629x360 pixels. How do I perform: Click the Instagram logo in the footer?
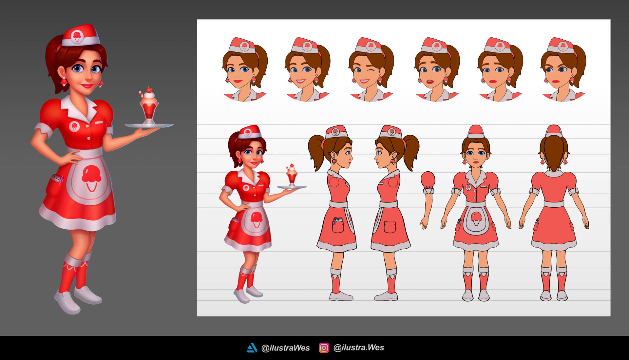coord(324,348)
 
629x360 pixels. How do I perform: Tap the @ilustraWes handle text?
coord(285,348)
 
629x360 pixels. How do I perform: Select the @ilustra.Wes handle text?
coord(358,348)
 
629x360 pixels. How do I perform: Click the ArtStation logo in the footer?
coord(252,348)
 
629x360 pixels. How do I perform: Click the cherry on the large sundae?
coord(149,90)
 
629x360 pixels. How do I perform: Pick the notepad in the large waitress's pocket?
coord(57,179)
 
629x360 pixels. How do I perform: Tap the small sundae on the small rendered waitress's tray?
coord(292,175)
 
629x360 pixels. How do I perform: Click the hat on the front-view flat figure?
coord(476,132)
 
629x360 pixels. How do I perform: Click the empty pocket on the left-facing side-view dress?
coord(390,227)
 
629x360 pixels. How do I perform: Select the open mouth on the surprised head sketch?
coord(430,82)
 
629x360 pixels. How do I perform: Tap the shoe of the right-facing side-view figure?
coord(341,296)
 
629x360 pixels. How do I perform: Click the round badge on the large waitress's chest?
coord(74,126)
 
